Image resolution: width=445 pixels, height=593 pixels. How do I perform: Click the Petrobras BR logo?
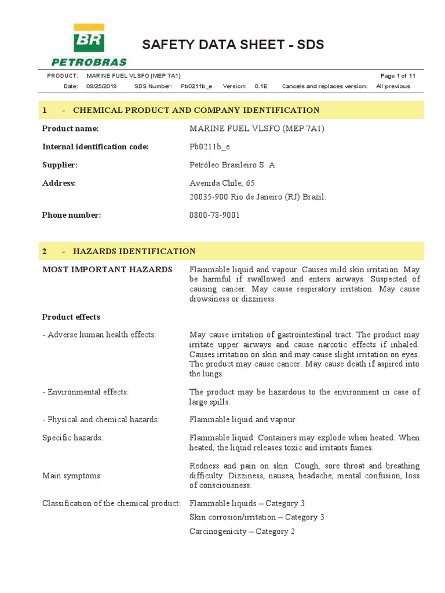(88, 45)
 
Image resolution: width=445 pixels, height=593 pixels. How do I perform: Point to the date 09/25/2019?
(101, 86)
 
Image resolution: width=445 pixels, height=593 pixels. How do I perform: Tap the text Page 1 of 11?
(398, 76)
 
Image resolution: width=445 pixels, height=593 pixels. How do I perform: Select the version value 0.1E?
(261, 86)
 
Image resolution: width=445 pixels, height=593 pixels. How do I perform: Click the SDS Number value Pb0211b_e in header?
(196, 86)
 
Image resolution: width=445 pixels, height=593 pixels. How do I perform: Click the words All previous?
(393, 86)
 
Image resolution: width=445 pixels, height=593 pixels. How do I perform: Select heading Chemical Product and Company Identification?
(196, 110)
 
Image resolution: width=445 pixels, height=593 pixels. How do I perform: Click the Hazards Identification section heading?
(134, 251)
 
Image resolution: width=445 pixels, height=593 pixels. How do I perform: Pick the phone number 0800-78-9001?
(214, 215)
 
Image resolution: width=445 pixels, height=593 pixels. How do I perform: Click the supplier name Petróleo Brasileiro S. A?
(233, 165)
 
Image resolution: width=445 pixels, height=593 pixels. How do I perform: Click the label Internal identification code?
(96, 147)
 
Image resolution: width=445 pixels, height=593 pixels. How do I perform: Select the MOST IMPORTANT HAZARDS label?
(107, 270)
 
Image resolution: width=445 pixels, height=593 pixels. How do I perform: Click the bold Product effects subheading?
(71, 317)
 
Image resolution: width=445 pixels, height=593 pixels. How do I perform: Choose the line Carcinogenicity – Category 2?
(242, 531)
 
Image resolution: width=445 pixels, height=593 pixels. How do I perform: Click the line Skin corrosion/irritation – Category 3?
(257, 517)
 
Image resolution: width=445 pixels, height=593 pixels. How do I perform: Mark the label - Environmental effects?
(86, 392)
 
